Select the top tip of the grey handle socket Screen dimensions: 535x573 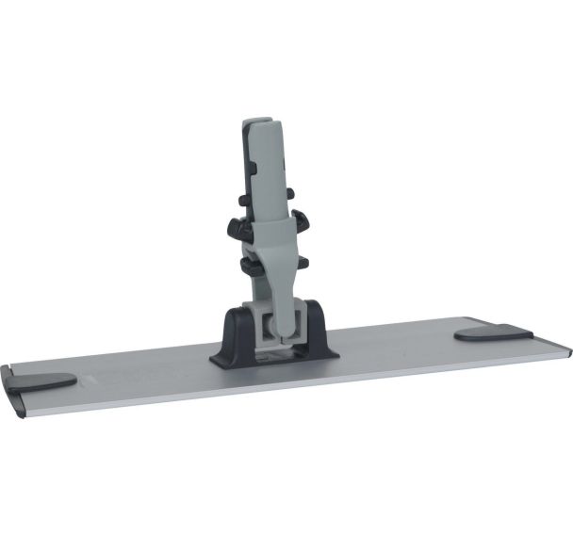point(256,122)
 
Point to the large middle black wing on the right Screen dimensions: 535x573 point(301,222)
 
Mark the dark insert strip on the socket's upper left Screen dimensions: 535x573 point(248,155)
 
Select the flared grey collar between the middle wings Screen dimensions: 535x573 point(269,231)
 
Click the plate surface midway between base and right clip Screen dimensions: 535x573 point(396,347)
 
